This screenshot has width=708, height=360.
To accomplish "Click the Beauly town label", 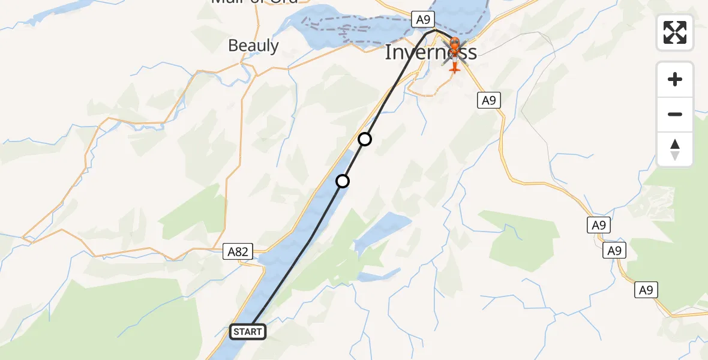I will click(253, 46).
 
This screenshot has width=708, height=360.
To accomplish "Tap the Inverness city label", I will click(430, 52).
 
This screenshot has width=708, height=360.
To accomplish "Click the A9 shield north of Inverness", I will click(423, 20).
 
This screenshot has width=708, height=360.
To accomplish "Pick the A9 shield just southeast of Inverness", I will click(489, 100).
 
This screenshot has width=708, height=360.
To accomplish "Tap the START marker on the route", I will click(247, 332).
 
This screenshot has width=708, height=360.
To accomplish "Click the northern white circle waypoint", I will click(365, 140).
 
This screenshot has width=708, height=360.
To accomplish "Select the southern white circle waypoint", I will click(343, 181).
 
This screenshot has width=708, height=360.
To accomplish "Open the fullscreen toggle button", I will click(675, 32).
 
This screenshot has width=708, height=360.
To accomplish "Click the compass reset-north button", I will click(675, 149).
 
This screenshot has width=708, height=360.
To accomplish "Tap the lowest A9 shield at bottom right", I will click(646, 290).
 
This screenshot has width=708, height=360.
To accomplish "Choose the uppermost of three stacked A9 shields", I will click(598, 225).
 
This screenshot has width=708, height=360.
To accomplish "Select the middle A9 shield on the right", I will click(614, 250).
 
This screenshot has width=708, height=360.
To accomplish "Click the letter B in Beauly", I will click(233, 46).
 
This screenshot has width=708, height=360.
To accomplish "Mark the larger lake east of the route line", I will click(382, 232).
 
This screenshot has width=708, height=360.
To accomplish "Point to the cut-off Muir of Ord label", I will click(254, 2).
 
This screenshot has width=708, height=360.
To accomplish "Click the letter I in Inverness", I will click(388, 52).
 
